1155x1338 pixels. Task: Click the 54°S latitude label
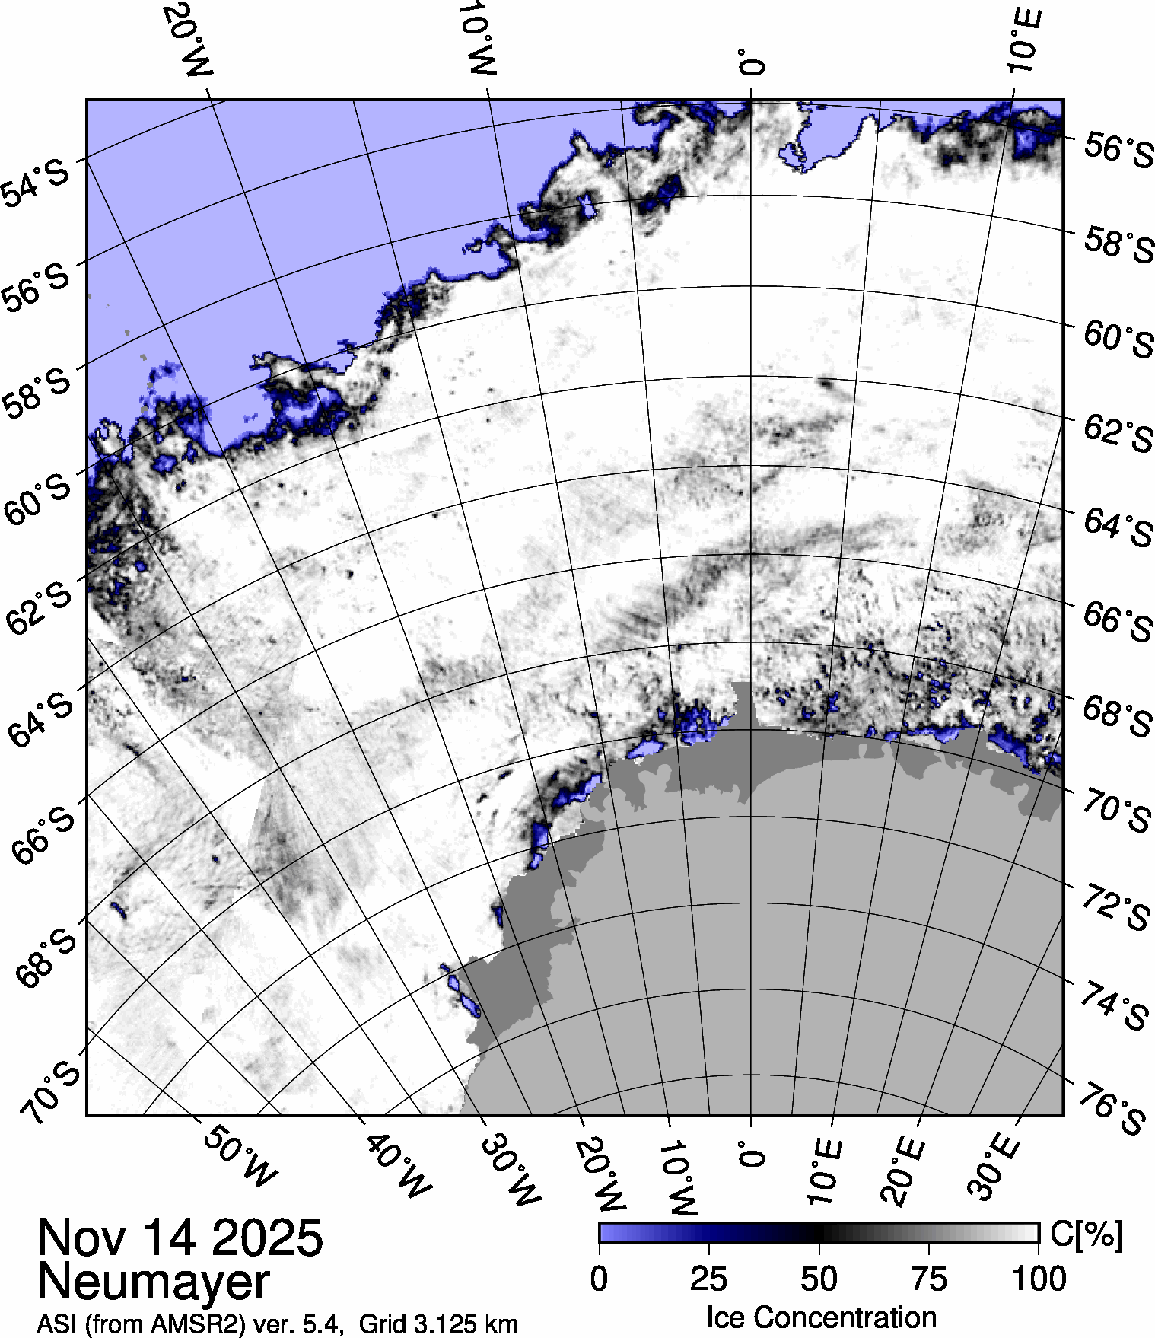35,183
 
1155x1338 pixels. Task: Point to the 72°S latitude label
1115,907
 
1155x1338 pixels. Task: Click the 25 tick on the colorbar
708,1279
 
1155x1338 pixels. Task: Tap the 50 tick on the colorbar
819,1279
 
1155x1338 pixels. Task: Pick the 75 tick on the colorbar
928,1279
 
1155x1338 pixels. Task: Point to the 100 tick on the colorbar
1040,1279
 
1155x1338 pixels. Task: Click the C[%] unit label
1086,1234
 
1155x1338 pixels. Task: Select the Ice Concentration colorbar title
821,1317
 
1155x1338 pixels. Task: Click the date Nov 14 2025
180,1238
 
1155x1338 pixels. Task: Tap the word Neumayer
154,1282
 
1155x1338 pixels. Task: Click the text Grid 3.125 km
438,1324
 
